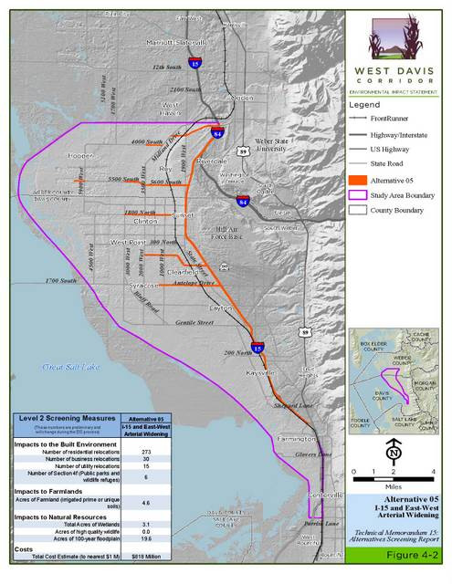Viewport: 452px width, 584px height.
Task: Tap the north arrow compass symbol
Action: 394,449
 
